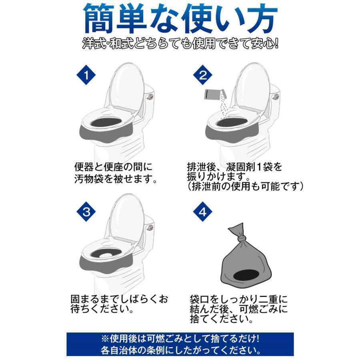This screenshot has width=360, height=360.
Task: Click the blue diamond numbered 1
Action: point(86,75)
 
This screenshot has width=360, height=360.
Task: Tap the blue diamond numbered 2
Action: point(203,75)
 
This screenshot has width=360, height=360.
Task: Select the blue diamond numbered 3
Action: point(86,212)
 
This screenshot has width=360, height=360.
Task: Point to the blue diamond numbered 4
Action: point(203,212)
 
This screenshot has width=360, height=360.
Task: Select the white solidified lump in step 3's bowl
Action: point(106,255)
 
